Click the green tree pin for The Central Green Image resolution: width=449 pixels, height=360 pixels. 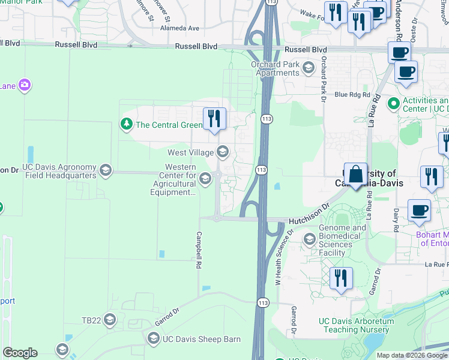(126, 125)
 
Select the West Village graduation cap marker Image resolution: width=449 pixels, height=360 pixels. (223, 152)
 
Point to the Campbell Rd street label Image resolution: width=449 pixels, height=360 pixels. (198, 250)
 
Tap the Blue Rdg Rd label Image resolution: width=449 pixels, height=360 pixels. (349, 94)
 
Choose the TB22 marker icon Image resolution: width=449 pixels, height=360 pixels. (109, 320)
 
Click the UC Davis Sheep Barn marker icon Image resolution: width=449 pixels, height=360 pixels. (153, 339)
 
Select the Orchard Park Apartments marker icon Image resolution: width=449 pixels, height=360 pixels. (309, 67)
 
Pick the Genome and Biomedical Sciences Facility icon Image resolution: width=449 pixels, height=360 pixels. (310, 239)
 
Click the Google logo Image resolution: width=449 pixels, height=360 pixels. (20, 353)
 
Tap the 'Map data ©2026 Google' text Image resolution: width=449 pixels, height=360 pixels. (411, 355)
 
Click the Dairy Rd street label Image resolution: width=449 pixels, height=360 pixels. (396, 220)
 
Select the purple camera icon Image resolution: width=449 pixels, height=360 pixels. (25, 85)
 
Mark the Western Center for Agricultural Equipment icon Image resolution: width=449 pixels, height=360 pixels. (205, 178)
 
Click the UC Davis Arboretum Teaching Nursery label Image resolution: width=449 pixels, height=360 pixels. (357, 325)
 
